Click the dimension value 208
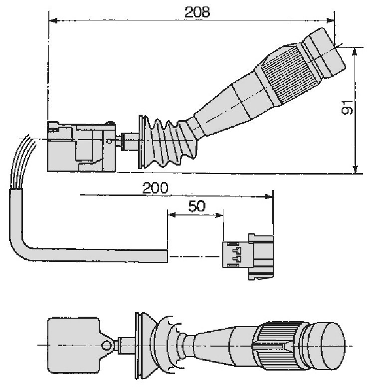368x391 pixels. click(x=197, y=12)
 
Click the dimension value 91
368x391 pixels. click(x=347, y=108)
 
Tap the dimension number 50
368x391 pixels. click(x=197, y=206)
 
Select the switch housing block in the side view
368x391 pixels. click(x=82, y=147)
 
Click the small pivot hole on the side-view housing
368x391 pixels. click(x=109, y=142)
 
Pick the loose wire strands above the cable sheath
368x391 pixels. click(x=22, y=162)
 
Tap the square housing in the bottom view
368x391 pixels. click(x=74, y=345)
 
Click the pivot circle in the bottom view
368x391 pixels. click(x=107, y=345)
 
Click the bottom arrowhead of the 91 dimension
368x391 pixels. click(x=356, y=169)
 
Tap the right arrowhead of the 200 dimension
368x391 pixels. click(x=269, y=196)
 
